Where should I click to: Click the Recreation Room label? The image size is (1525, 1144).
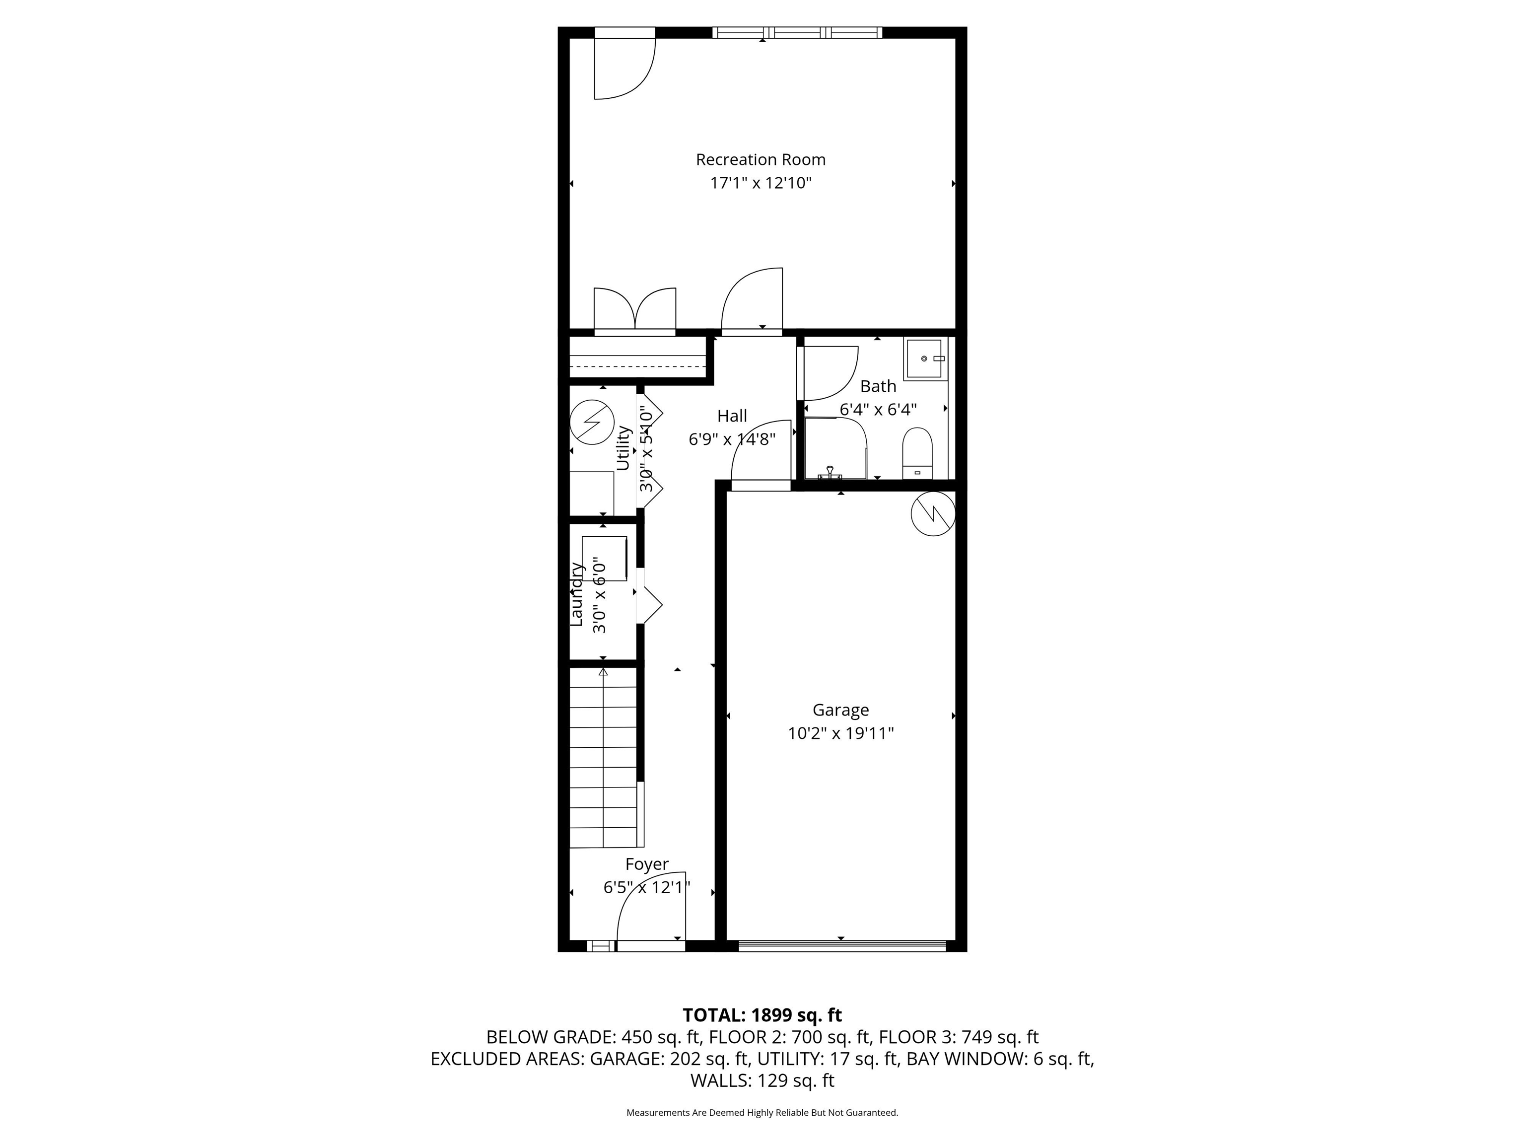(x=761, y=160)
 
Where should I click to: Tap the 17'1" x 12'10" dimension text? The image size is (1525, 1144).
(x=761, y=183)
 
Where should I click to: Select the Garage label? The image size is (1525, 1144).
(x=840, y=710)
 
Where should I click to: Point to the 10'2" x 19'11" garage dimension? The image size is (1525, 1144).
(x=840, y=733)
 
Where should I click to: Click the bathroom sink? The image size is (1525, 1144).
(x=924, y=358)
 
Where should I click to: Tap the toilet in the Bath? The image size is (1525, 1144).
(x=917, y=453)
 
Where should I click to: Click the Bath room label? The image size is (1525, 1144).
(x=878, y=386)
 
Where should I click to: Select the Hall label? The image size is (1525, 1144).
(x=732, y=416)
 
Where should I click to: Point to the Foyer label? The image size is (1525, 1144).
(x=647, y=864)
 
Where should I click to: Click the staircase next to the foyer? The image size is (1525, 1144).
(x=604, y=757)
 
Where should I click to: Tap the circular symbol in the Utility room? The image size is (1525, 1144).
(x=592, y=422)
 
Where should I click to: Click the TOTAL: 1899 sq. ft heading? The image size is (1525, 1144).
(x=762, y=1015)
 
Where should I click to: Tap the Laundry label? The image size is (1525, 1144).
(x=576, y=594)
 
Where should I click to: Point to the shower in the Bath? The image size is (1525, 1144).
(x=835, y=448)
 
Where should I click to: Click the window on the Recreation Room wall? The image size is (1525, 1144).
(x=797, y=32)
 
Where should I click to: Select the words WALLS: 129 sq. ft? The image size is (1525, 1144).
(x=762, y=1080)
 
